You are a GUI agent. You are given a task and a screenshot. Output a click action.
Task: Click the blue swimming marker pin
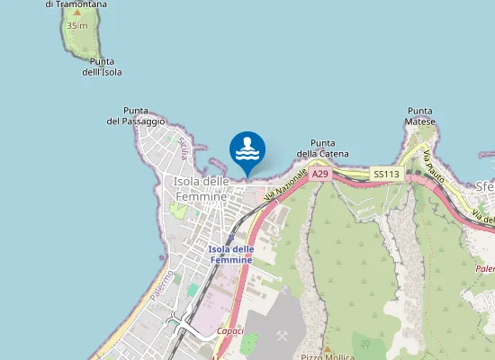point(247,150)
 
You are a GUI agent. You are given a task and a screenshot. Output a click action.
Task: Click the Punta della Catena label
point(322,148)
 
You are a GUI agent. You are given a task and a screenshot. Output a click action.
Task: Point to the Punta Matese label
point(420,116)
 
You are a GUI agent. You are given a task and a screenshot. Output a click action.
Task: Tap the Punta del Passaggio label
point(136,115)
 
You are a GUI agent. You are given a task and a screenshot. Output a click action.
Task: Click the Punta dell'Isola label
point(106,67)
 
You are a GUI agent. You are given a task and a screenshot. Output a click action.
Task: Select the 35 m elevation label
point(76,26)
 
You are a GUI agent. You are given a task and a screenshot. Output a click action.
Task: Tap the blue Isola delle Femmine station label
point(231,254)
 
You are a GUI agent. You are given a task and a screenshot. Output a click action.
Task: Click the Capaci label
point(229,330)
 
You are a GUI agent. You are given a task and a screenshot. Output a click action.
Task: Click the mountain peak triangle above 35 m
point(77,13)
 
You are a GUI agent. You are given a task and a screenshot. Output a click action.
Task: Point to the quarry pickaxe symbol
point(283,335)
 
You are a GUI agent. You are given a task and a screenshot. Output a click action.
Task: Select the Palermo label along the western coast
point(162,285)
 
